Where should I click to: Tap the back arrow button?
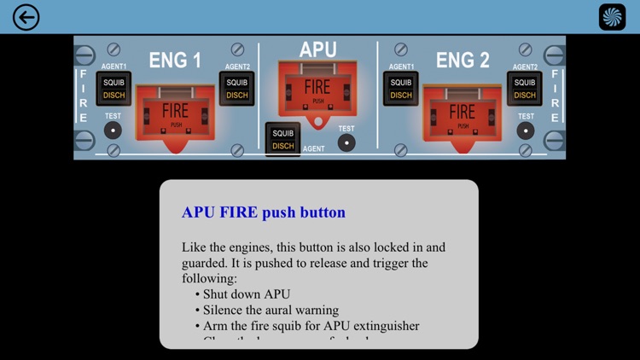[26, 17]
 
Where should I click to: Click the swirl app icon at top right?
[612, 17]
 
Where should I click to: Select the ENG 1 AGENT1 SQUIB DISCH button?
[114, 89]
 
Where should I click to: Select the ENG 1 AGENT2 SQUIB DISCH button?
[236, 89]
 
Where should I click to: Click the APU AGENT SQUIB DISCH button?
[283, 139]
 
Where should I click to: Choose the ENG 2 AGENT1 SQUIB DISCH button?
[401, 89]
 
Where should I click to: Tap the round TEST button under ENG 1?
[112, 131]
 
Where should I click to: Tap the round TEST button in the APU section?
[346, 142]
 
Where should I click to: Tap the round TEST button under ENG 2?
[526, 131]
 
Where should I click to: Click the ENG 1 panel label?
[175, 61]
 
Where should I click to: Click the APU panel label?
[317, 50]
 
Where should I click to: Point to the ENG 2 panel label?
[463, 61]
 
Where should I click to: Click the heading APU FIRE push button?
[264, 212]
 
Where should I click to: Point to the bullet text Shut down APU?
[247, 294]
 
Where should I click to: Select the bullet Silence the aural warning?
[271, 310]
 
